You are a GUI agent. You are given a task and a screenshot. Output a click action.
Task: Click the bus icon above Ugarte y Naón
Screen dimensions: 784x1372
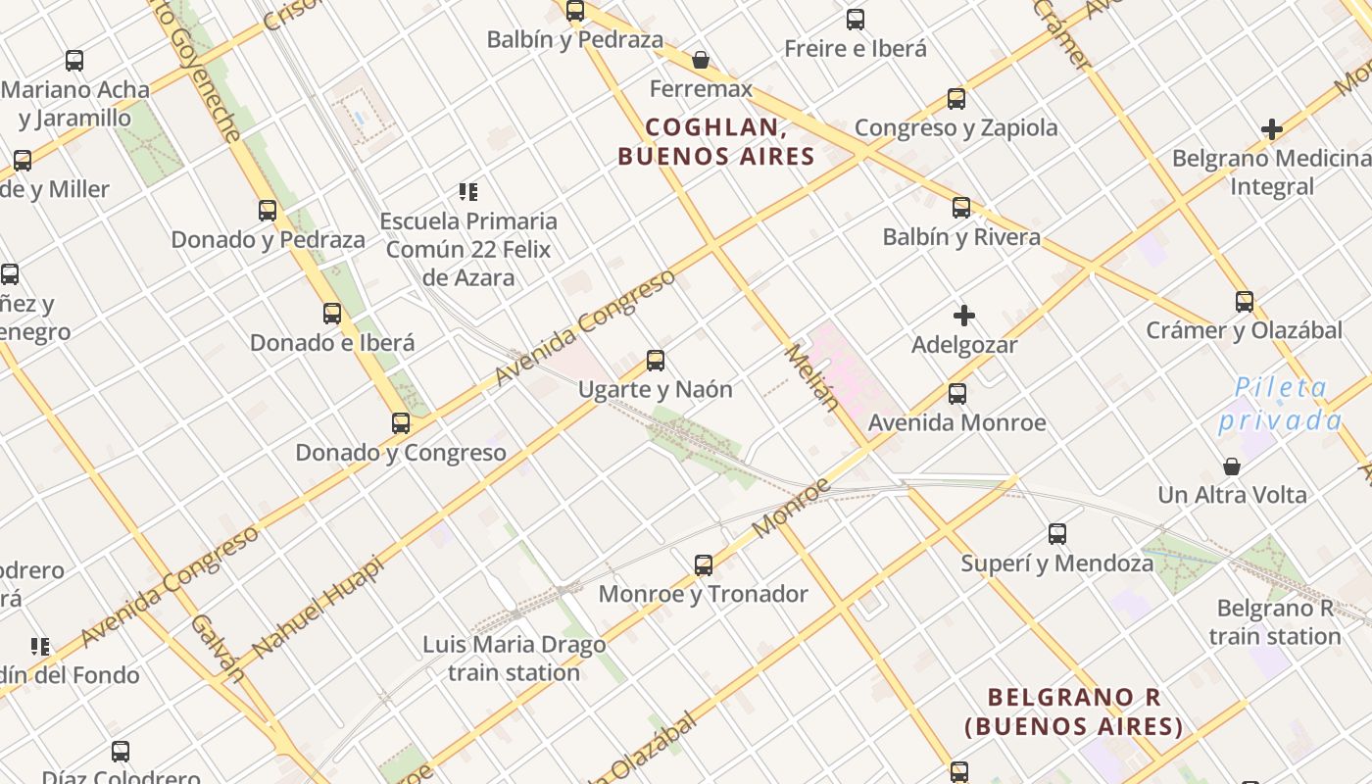point(656,361)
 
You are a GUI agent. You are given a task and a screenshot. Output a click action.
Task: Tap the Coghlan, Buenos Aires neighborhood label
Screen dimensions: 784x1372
point(716,142)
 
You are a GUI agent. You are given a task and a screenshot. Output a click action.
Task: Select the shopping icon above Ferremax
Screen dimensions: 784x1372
point(701,61)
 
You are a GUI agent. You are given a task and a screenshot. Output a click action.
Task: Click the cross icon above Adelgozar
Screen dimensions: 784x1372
point(964,316)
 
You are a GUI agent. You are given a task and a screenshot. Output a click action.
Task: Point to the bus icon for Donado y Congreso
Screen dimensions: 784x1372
point(401,423)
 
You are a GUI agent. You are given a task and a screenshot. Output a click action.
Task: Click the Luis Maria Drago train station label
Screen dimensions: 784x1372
point(514,659)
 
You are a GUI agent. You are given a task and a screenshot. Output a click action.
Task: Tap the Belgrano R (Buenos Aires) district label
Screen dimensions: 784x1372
point(1074,711)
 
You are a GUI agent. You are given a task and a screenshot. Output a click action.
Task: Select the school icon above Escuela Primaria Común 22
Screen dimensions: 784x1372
point(468,192)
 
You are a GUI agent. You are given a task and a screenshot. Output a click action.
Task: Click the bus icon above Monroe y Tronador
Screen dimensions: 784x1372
point(704,565)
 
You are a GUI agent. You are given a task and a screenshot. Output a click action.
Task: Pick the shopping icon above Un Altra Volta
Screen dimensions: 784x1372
point(1232,466)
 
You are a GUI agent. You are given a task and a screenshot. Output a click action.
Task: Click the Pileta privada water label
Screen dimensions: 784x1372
point(1280,404)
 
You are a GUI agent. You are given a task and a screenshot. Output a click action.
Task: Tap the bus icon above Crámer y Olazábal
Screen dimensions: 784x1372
point(1244,302)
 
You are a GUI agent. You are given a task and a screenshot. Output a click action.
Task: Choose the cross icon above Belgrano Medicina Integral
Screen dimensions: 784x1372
point(1272,129)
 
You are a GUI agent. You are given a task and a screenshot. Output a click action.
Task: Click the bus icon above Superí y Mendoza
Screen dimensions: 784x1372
point(1057,534)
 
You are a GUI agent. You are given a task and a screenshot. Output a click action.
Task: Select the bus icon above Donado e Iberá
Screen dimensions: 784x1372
point(332,314)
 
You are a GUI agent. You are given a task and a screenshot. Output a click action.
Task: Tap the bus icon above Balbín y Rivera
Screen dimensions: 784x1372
point(961,208)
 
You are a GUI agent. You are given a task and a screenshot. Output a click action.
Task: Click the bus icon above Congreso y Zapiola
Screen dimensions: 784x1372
point(956,99)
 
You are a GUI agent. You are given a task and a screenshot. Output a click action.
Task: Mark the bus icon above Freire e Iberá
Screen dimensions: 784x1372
point(856,20)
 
